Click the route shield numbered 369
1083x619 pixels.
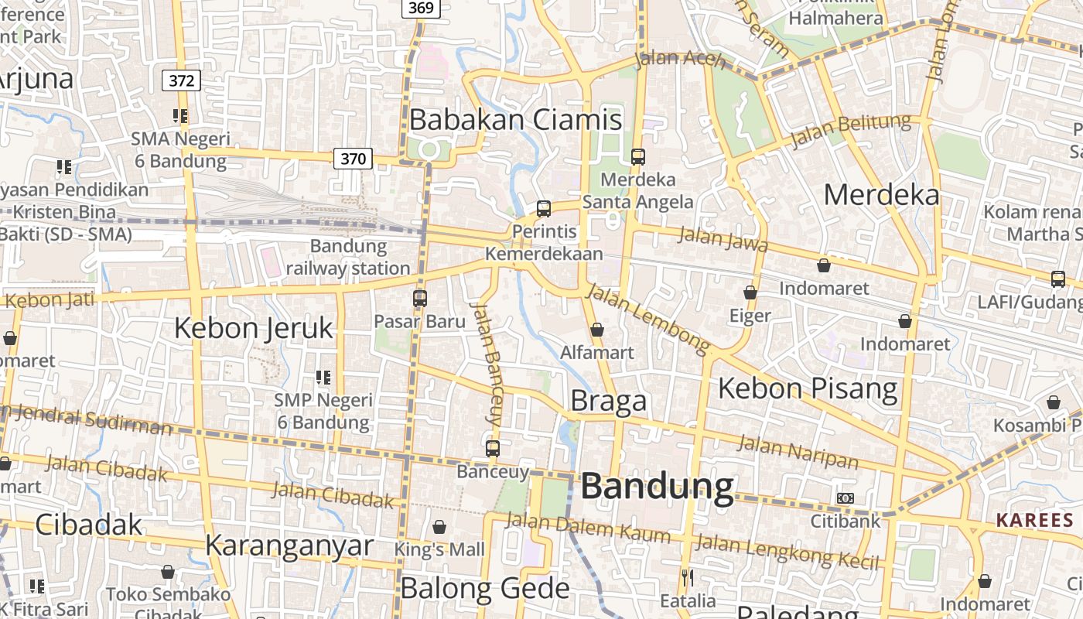(x=421, y=8)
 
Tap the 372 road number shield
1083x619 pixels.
(x=182, y=80)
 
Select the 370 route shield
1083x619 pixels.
(x=354, y=159)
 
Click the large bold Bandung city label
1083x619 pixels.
(x=657, y=487)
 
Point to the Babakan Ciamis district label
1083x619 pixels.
(x=515, y=120)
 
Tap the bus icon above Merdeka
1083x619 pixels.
(x=637, y=157)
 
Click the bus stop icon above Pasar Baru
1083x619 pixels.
(x=420, y=298)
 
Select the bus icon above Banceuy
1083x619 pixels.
(x=493, y=448)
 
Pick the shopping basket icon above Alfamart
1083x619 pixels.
(x=597, y=330)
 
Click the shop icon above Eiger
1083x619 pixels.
(x=750, y=292)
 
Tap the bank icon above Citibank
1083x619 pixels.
(x=846, y=498)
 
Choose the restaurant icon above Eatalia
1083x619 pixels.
(x=687, y=577)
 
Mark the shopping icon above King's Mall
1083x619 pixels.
(x=439, y=527)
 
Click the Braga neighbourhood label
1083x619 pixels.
(x=609, y=401)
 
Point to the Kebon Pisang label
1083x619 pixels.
(x=808, y=388)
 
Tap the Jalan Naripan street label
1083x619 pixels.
(x=798, y=453)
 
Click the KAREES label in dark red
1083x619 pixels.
(x=1034, y=520)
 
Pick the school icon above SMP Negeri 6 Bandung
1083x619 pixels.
(x=323, y=378)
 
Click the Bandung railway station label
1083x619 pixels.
(x=348, y=257)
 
